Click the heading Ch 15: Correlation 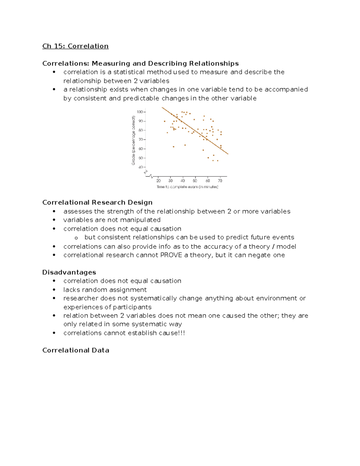click(75, 46)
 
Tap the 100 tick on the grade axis click(140, 112)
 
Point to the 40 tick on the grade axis click(141, 167)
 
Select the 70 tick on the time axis click(220, 181)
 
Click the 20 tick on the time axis click(158, 181)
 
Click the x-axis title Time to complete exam click(187, 187)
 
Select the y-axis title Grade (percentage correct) click(133, 140)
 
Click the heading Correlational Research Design click(97, 202)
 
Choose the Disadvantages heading click(69, 272)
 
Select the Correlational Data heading click(76, 350)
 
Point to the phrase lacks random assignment click(105, 290)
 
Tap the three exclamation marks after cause click(182, 333)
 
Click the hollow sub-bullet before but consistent click(76, 238)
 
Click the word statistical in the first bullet click(129, 72)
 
